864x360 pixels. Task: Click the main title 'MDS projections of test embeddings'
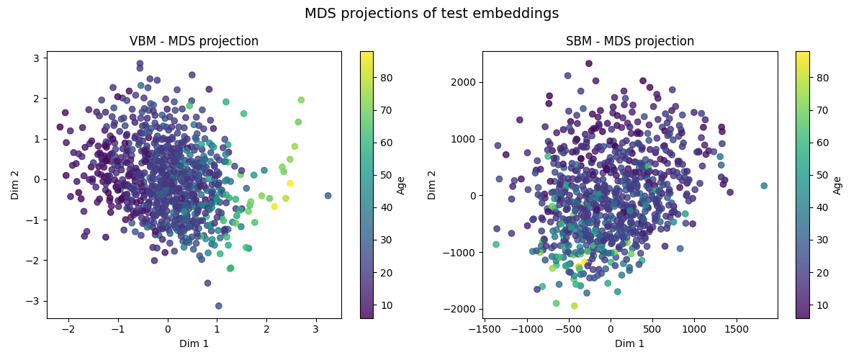(x=431, y=14)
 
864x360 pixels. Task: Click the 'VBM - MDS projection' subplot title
(x=194, y=41)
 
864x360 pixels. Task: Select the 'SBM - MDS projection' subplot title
(x=630, y=41)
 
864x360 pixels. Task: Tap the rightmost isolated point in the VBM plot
(x=328, y=195)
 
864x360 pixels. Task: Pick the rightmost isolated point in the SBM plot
(x=764, y=186)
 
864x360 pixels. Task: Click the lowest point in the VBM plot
(x=219, y=306)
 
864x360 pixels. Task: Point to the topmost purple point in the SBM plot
(x=589, y=63)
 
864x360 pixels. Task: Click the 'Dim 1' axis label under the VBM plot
(x=194, y=343)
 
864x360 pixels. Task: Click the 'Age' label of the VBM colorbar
(x=401, y=184)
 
